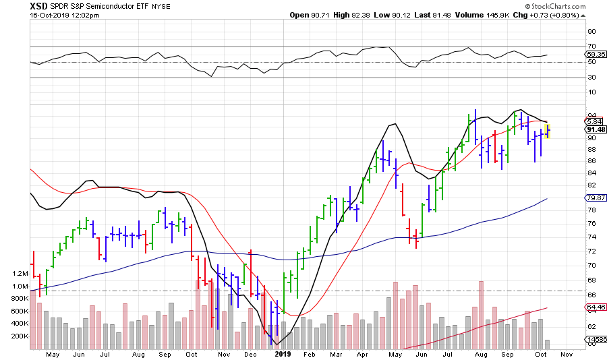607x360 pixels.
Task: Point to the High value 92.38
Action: pyautogui.click(x=360, y=15)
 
